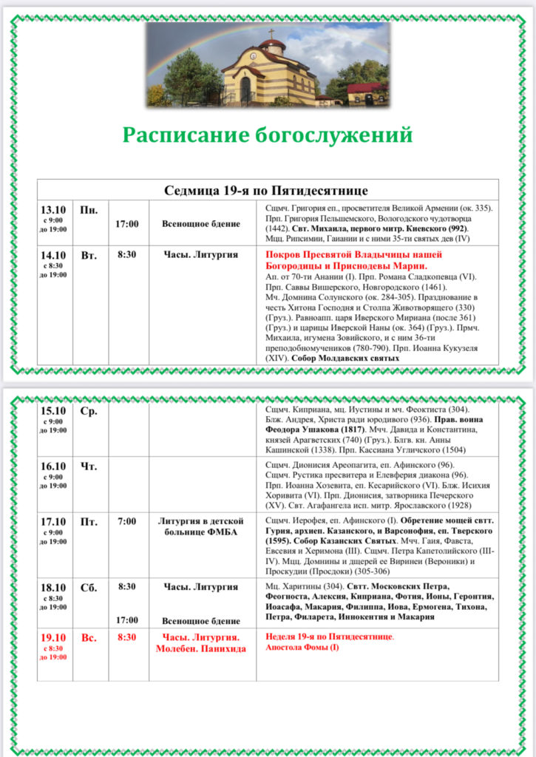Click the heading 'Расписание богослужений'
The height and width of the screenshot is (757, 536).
[x=267, y=135]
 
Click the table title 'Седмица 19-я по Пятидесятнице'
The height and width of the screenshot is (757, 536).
[x=267, y=190]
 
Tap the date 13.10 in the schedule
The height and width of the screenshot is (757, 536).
[x=53, y=210]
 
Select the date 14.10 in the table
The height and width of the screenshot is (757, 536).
[x=53, y=255]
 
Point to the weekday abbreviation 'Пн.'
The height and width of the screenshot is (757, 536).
[x=89, y=211]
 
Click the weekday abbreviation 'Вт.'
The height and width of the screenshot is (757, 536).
[x=89, y=256]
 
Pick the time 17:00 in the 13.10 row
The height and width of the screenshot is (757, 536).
[x=127, y=223]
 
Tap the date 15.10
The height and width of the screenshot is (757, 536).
[x=53, y=411]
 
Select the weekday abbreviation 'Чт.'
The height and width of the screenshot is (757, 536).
[x=89, y=466]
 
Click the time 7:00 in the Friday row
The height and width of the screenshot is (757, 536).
[x=126, y=522]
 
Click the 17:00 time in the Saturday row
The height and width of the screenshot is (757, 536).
[x=126, y=620]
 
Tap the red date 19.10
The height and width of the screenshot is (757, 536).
[x=53, y=637]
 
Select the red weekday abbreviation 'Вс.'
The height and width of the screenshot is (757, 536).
[x=89, y=637]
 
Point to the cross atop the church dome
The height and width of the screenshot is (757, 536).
[x=271, y=33]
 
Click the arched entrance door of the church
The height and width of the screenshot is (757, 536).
[x=245, y=90]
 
